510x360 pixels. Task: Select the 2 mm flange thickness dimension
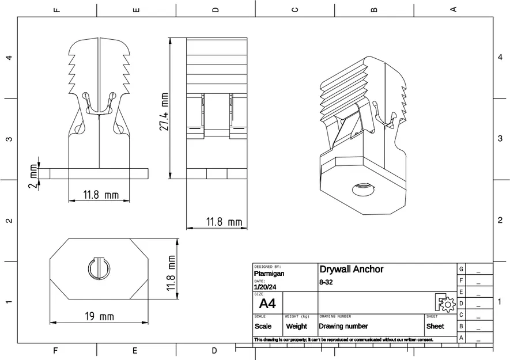click(x=33, y=176)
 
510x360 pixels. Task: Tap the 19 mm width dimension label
click(x=99, y=317)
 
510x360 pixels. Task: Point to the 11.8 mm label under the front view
click(x=100, y=195)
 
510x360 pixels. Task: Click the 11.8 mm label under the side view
click(x=224, y=222)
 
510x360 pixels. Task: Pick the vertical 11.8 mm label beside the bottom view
click(x=171, y=274)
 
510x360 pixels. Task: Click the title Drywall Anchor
click(x=351, y=270)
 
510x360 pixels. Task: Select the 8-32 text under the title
click(x=326, y=282)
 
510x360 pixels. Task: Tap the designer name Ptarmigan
click(x=269, y=274)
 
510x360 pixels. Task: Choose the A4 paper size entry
click(x=267, y=304)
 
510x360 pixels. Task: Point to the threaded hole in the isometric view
click(x=362, y=188)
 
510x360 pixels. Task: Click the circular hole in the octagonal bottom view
click(x=99, y=268)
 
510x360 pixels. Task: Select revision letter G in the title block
click(x=461, y=269)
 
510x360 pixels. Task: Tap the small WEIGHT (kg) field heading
click(x=297, y=316)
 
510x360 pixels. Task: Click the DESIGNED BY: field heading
click(x=267, y=267)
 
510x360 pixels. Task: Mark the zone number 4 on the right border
click(x=499, y=57)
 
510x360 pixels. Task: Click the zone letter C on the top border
click(x=294, y=9)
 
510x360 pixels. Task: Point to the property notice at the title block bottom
click(x=343, y=340)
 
